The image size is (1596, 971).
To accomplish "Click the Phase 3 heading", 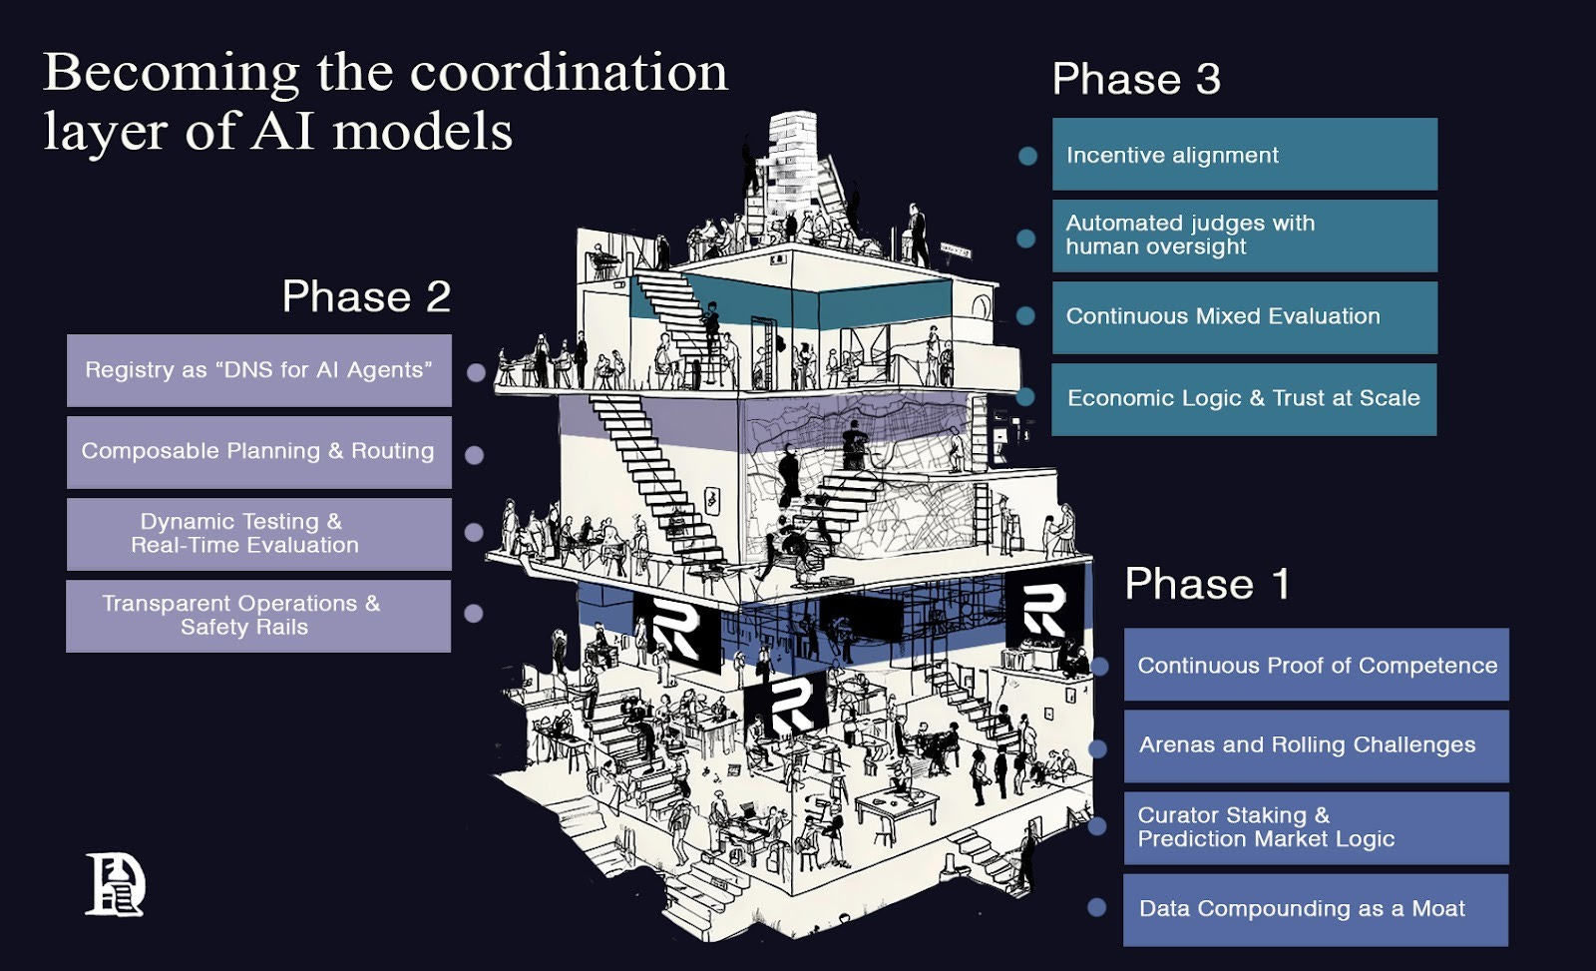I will pyautogui.click(x=1136, y=80).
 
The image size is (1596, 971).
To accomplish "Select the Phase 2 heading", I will pyautogui.click(x=366, y=297).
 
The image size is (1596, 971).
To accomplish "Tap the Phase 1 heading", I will pyautogui.click(x=1207, y=585).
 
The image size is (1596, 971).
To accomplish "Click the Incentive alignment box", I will pyautogui.click(x=1244, y=155).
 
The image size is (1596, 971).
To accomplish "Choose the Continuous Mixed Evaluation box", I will pyautogui.click(x=1244, y=317).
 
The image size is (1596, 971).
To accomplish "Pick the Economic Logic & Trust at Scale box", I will pyautogui.click(x=1244, y=399).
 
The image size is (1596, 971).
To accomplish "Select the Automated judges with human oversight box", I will pyautogui.click(x=1244, y=236).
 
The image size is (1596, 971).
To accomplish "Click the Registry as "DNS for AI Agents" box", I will pyautogui.click(x=258, y=370).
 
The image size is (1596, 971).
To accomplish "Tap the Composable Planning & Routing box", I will pyautogui.click(x=258, y=452).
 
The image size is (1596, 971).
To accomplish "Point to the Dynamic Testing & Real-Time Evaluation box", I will pyautogui.click(x=258, y=534).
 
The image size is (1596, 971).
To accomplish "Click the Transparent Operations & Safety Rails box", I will pyautogui.click(x=258, y=616).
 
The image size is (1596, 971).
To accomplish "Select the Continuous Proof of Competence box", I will pyautogui.click(x=1316, y=665).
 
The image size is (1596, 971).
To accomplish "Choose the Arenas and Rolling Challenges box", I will pyautogui.click(x=1316, y=745).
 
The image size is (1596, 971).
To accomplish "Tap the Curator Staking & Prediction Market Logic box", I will pyautogui.click(x=1316, y=827).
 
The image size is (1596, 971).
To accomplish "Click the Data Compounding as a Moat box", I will pyautogui.click(x=1316, y=909).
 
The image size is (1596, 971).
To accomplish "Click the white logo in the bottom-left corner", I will pyautogui.click(x=115, y=884).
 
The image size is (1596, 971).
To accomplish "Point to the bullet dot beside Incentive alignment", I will pyautogui.click(x=1027, y=156).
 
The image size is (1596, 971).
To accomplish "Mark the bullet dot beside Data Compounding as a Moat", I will pyautogui.click(x=1097, y=907).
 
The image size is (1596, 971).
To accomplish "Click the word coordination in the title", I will pyautogui.click(x=569, y=73).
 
